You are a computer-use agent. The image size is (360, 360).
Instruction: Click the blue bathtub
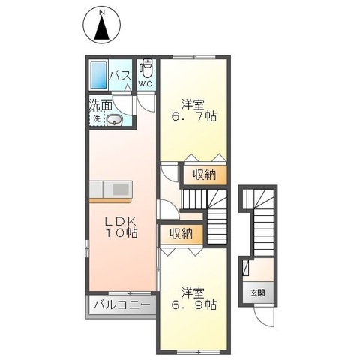pyautogui.click(x=99, y=74)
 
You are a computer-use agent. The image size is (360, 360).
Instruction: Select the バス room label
pyautogui.click(x=121, y=76)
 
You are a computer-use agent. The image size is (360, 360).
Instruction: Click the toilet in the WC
pyautogui.click(x=146, y=69)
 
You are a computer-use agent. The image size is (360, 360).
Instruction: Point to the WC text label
pyautogui.click(x=146, y=84)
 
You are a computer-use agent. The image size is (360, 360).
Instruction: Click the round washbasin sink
pyautogui.click(x=115, y=121)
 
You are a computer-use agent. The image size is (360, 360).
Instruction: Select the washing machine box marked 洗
pyautogui.click(x=97, y=120)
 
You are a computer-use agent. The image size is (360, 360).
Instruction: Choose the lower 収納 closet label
pyautogui.click(x=180, y=233)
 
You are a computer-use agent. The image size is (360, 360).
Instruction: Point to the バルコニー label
pyautogui.click(x=121, y=306)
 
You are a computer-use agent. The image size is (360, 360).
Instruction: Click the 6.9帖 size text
pyautogui.click(x=193, y=305)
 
